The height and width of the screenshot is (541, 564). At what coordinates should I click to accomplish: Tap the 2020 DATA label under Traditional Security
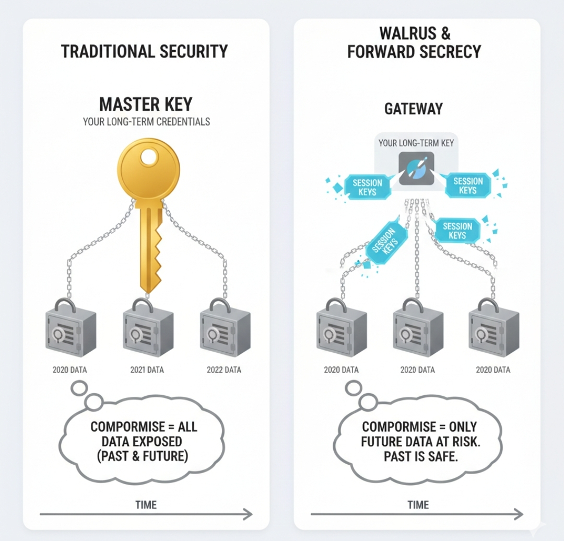tap(69, 370)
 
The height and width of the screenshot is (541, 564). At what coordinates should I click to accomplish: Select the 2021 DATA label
tap(147, 370)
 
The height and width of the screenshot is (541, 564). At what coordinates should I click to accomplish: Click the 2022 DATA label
tap(224, 370)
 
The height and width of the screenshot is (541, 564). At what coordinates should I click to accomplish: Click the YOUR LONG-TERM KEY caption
tap(416, 143)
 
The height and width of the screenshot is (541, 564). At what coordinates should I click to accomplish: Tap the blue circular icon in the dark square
tap(416, 169)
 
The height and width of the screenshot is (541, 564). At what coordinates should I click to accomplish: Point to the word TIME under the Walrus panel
tap(418, 504)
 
